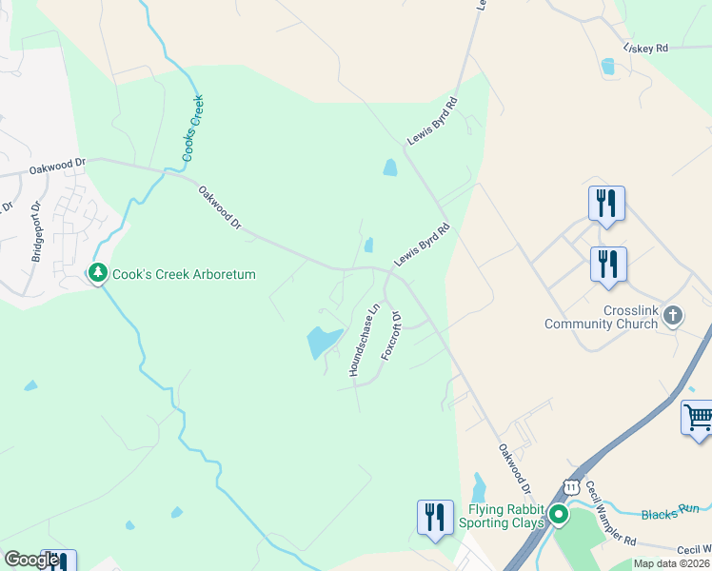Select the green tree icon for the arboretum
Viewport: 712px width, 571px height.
click(97, 274)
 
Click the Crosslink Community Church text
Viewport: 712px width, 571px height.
click(601, 318)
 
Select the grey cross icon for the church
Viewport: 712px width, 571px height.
click(673, 315)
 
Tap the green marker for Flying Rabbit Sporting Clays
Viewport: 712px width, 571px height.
click(559, 516)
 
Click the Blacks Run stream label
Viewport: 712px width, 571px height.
click(676, 513)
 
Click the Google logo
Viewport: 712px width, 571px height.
click(31, 560)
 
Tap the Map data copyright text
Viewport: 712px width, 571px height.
click(671, 563)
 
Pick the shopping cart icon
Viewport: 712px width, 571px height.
click(698, 417)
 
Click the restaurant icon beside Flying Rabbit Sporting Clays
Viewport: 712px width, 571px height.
click(435, 517)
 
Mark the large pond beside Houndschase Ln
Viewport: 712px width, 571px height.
click(322, 341)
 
